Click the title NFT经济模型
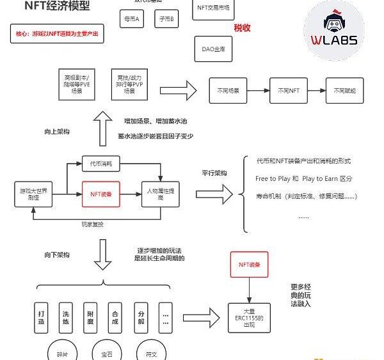(x=56, y=7)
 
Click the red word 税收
(x=242, y=29)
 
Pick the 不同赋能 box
(x=345, y=91)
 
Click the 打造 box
(x=42, y=316)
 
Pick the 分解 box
(x=141, y=316)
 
